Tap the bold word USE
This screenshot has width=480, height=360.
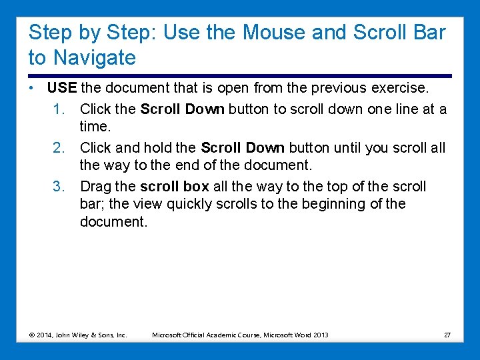click(x=62, y=88)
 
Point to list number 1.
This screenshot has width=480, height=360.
click(x=59, y=109)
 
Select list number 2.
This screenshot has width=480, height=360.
click(x=59, y=147)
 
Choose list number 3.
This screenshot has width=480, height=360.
click(x=59, y=187)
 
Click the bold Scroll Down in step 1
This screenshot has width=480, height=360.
click(x=182, y=109)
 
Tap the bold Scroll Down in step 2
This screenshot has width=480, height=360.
click(x=242, y=147)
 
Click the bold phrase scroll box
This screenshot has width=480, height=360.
click(x=174, y=187)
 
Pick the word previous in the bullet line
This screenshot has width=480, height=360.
click(x=319, y=88)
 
